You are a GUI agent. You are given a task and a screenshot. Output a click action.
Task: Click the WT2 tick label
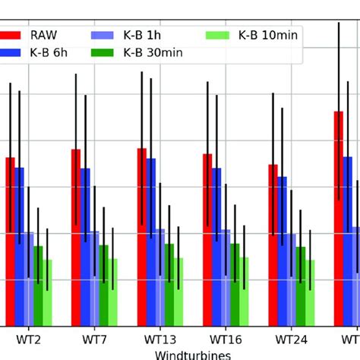click(x=28, y=338)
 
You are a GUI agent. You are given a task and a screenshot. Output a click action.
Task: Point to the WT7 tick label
click(x=94, y=338)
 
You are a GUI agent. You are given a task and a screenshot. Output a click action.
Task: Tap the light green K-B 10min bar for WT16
click(x=244, y=292)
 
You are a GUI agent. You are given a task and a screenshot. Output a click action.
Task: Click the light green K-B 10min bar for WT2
click(x=47, y=292)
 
